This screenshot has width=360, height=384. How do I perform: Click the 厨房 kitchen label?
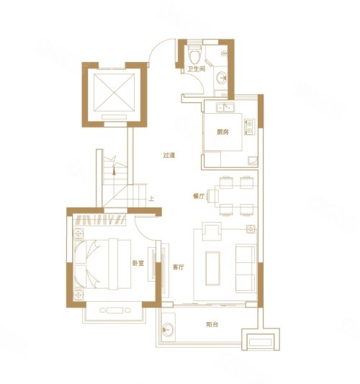tap(223, 132)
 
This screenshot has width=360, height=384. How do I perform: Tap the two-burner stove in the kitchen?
tap(250, 128)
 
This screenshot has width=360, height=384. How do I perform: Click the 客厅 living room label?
tap(179, 267)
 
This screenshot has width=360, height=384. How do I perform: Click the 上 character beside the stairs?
tap(151, 199)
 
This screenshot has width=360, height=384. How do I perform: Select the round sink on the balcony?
tap(168, 331)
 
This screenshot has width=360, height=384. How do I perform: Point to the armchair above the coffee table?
tap(213, 233)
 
